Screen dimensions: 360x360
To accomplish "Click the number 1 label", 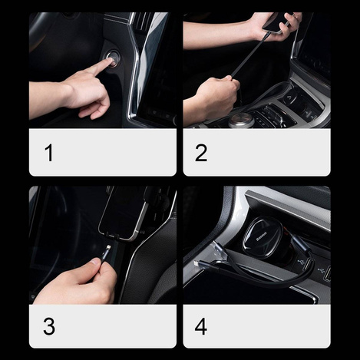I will pyautogui.click(x=49, y=153).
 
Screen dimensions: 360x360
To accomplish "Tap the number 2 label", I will pyautogui.click(x=200, y=153).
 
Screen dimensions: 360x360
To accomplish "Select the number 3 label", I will pyautogui.click(x=49, y=326).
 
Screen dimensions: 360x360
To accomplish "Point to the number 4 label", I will pyautogui.click(x=200, y=326).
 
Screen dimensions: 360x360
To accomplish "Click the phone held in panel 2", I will pyautogui.click(x=276, y=22).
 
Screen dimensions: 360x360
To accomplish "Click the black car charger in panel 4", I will pyautogui.click(x=266, y=238).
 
